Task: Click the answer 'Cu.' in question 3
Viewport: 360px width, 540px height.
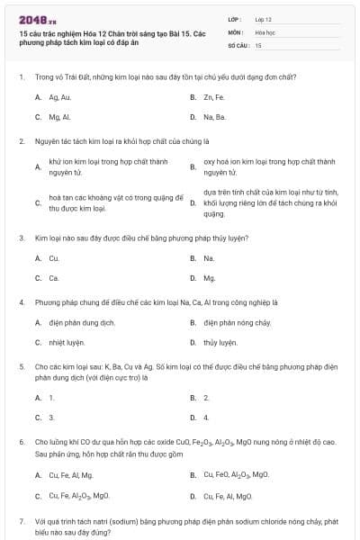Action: point(54,258)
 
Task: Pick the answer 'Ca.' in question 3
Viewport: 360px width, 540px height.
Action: point(54,278)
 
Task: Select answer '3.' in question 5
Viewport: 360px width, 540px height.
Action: point(51,418)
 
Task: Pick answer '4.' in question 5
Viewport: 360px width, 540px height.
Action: point(206,418)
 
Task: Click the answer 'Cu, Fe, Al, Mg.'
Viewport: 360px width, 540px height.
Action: point(71,475)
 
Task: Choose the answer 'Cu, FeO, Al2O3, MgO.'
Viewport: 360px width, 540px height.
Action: point(236,474)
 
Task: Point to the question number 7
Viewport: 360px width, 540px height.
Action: point(22,521)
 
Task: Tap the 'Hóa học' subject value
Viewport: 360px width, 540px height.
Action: point(265,31)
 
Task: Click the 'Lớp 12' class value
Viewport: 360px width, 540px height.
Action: point(264,19)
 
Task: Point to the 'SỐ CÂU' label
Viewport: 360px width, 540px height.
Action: point(238,44)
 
